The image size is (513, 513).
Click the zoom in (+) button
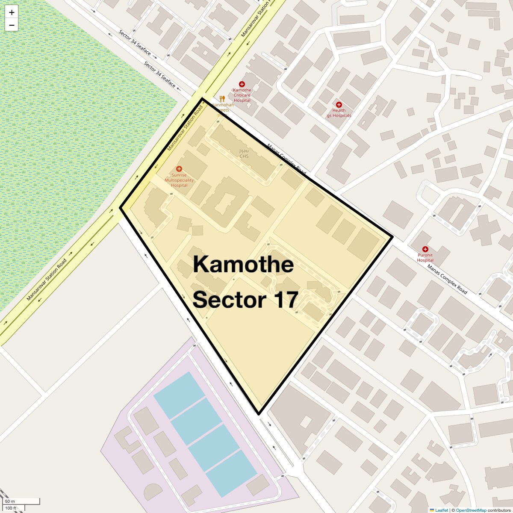click(x=12, y=13)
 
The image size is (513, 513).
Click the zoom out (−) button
click(x=12, y=25)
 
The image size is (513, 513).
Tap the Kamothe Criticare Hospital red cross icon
click(x=242, y=84)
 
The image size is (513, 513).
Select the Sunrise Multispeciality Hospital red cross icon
click(x=179, y=169)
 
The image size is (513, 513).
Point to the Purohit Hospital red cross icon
click(x=425, y=249)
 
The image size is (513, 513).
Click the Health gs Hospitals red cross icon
click(x=339, y=104)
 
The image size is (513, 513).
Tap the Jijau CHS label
click(x=244, y=153)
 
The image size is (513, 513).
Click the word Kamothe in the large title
click(x=243, y=264)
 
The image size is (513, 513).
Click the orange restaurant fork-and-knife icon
click(x=222, y=99)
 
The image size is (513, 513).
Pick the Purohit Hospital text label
click(x=425, y=258)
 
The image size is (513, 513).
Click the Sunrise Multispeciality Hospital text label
click(x=179, y=180)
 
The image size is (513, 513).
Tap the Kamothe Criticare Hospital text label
click(x=242, y=95)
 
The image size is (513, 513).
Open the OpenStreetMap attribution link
click(x=471, y=510)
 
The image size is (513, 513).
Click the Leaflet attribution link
click(x=441, y=510)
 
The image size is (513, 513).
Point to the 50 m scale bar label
click(x=10, y=501)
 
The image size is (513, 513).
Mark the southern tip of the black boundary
click(x=259, y=414)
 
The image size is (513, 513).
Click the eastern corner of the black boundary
click(x=392, y=236)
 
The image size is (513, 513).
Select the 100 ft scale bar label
click(x=11, y=508)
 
